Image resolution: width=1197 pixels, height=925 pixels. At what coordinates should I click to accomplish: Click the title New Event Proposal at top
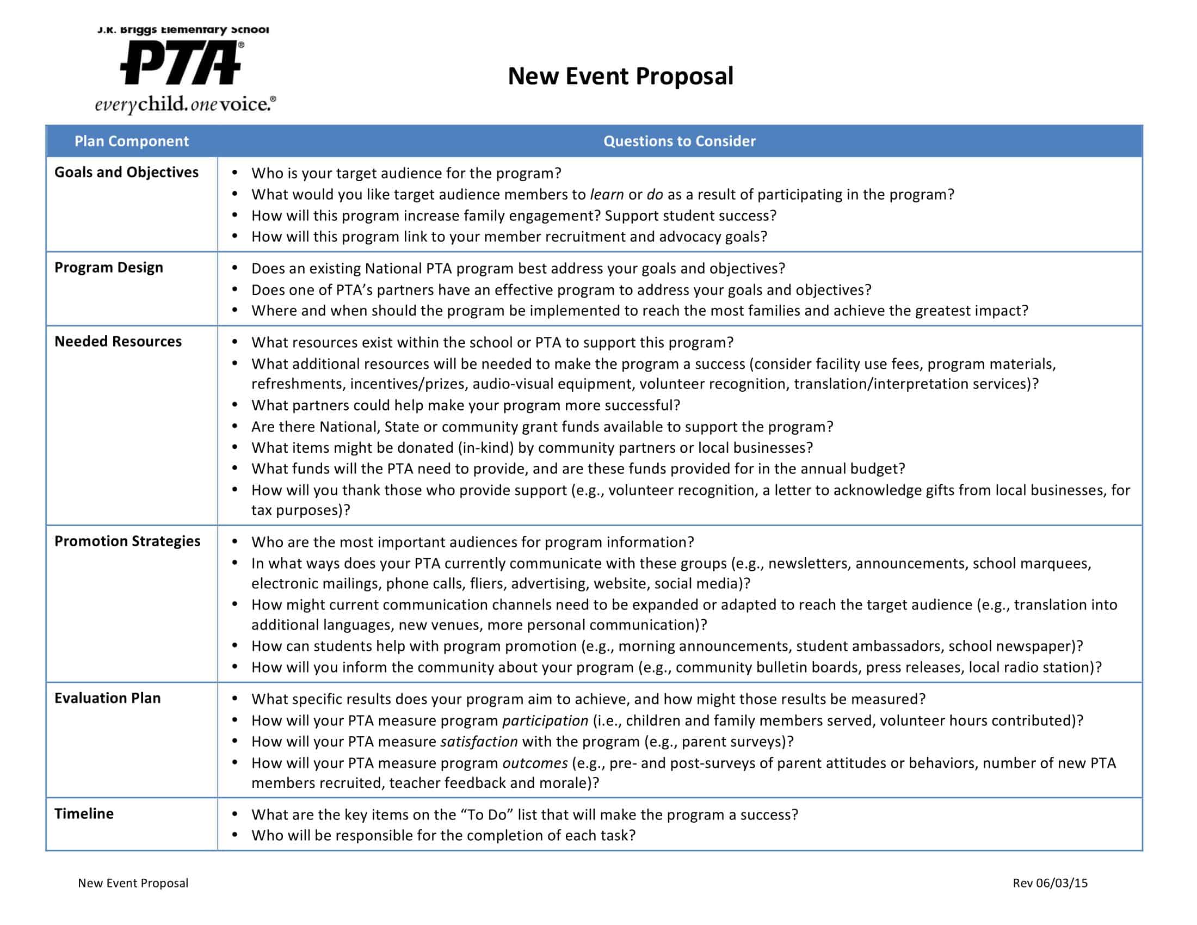point(620,76)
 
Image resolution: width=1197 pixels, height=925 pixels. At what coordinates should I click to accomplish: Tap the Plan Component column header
point(132,141)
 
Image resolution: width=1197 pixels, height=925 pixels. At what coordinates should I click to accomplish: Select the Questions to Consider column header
point(679,141)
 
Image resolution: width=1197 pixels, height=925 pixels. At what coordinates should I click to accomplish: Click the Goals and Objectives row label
point(126,172)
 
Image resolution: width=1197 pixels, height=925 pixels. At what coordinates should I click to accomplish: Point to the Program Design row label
point(108,268)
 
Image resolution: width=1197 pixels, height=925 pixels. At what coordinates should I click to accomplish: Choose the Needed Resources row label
point(118,342)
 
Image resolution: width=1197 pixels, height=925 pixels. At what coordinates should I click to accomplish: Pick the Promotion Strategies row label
point(127,541)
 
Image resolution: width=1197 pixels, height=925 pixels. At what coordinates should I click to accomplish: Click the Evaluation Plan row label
point(107,698)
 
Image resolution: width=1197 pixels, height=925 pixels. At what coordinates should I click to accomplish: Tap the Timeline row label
point(84,814)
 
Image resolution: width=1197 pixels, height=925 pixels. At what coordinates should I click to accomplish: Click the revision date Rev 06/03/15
point(1050,883)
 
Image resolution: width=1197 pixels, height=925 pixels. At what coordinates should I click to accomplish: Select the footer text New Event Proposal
point(133,883)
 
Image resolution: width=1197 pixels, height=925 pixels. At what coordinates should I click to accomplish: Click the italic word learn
point(606,195)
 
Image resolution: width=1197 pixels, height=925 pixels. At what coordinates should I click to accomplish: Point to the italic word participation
point(545,720)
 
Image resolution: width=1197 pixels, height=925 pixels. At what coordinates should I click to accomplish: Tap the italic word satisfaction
point(478,742)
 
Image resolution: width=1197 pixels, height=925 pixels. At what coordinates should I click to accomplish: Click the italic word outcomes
point(534,763)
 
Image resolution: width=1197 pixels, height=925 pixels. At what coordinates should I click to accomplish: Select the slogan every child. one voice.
point(184,104)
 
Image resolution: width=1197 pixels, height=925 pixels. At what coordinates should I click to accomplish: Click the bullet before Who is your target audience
point(235,172)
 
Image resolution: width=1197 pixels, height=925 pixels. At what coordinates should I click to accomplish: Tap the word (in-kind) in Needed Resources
point(485,448)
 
